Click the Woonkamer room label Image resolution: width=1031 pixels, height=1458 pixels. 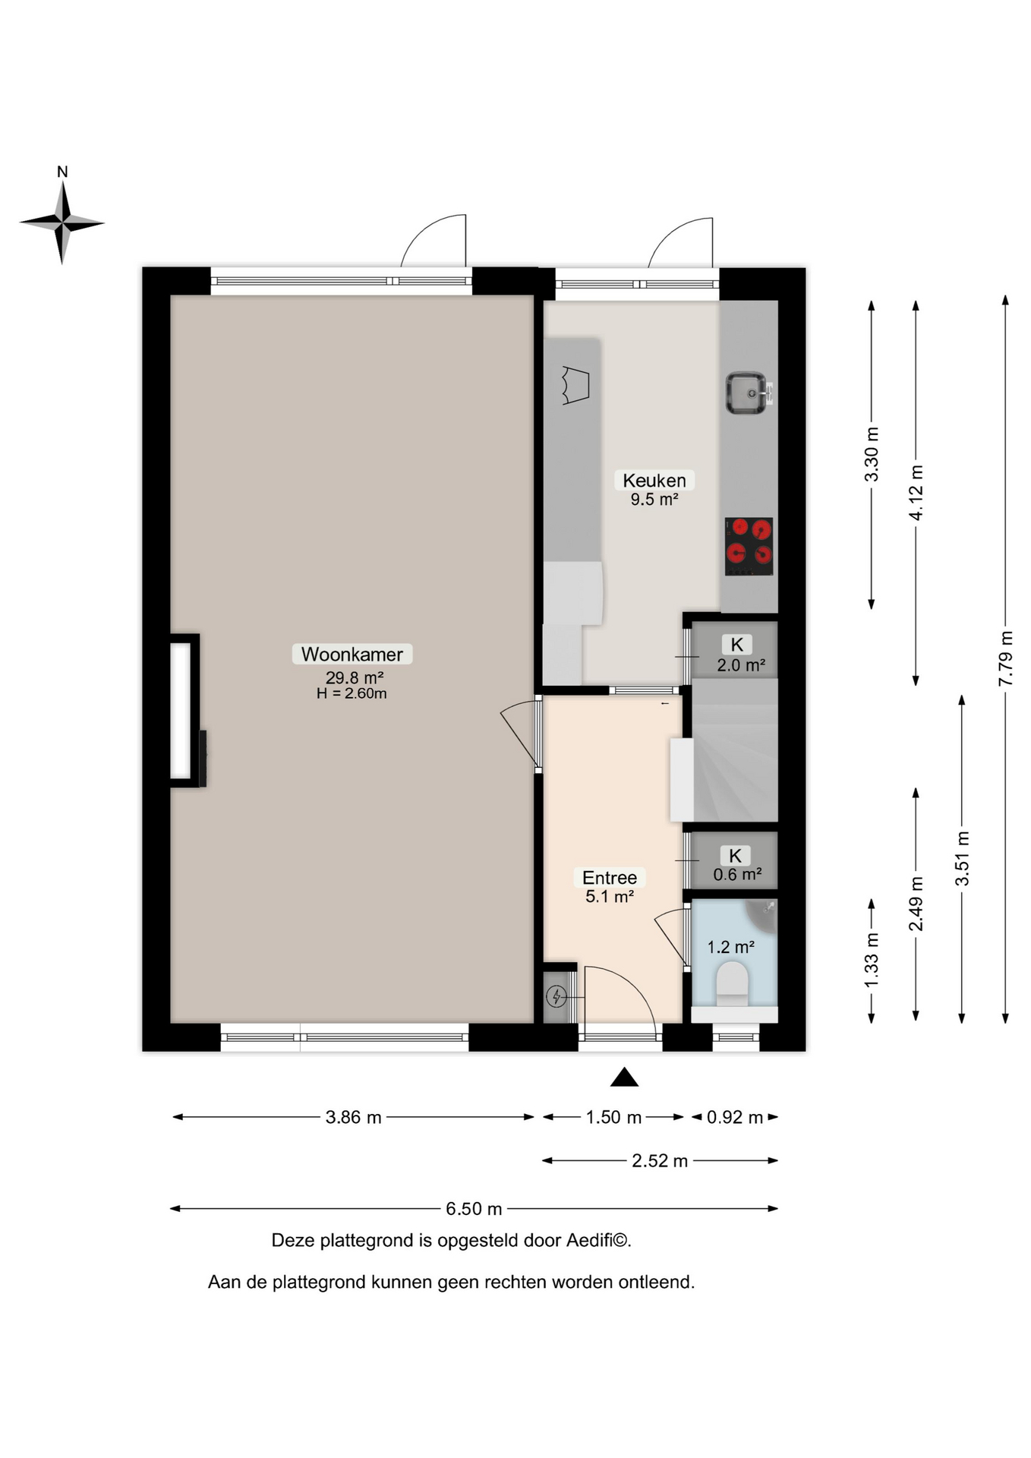point(352,654)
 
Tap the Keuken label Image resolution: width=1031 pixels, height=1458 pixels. point(654,480)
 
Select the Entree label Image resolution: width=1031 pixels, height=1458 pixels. point(610,877)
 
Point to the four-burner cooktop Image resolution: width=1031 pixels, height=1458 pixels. point(749,546)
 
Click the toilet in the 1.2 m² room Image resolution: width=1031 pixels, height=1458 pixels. point(733,983)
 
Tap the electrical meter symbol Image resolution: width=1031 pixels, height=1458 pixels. point(556,996)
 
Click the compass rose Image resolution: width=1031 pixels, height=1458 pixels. point(62,222)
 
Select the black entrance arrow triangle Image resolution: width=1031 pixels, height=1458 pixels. point(624,1077)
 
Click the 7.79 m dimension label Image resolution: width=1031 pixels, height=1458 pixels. point(1005,658)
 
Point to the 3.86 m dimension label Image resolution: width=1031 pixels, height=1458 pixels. point(353,1117)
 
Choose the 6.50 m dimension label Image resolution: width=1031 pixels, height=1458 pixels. point(474,1208)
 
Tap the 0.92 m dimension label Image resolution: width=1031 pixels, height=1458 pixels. point(735,1117)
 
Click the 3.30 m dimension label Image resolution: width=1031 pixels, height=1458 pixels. point(872,454)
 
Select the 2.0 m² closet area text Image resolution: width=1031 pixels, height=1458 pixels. point(741,665)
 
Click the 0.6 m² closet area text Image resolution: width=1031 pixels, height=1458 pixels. point(737,874)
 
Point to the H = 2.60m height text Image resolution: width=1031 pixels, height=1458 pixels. point(352,693)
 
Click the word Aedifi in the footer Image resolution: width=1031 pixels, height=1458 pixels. point(589,1240)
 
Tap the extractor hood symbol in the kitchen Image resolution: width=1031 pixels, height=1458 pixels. point(575,385)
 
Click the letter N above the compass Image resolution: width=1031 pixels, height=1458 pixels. point(62,172)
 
